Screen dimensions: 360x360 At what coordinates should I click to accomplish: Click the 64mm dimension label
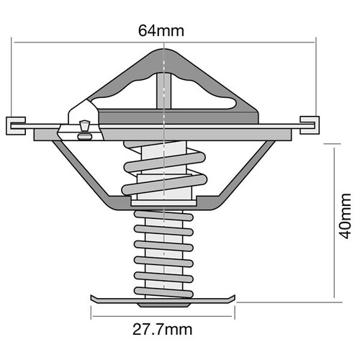pos(164,31)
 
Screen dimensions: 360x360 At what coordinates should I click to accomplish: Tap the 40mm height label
pos(346,220)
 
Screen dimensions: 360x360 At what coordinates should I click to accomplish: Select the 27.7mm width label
pos(163,331)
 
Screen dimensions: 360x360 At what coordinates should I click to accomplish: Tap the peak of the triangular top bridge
pos(165,54)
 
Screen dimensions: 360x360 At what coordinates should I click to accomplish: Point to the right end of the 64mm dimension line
pos(316,42)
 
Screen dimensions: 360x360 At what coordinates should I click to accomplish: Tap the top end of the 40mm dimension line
pos(335,143)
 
